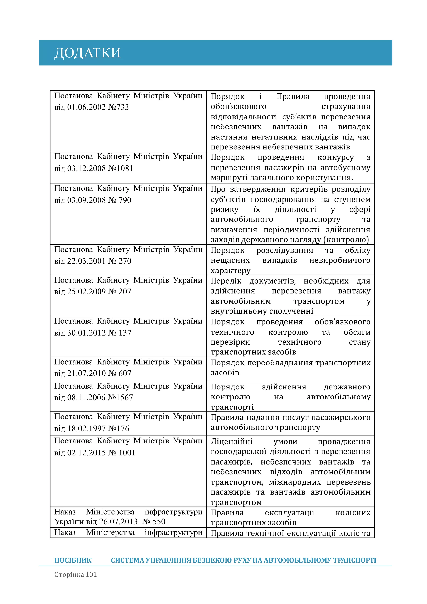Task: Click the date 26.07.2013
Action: [x=118, y=521]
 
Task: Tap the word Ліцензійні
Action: [x=231, y=441]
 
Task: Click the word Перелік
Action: [x=226, y=281]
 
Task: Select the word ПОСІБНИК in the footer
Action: [x=73, y=560]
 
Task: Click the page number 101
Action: [x=91, y=575]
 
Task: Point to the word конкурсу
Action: [x=335, y=158]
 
